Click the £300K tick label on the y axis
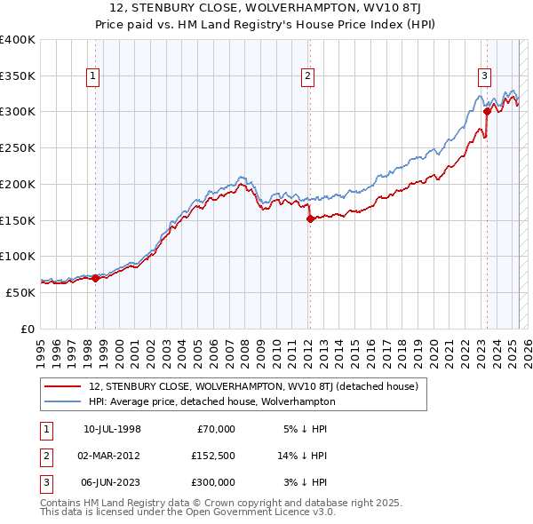[x=17, y=112]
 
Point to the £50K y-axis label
[x=20, y=292]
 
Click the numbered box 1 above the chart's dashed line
[x=93, y=77]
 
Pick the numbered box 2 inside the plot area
[x=307, y=77]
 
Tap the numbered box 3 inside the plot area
[x=485, y=77]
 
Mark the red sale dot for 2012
[x=310, y=218]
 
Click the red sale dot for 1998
[x=96, y=278]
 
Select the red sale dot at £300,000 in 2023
[x=487, y=111]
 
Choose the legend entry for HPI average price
[x=212, y=401]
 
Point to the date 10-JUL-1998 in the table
[x=111, y=430]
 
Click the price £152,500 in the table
[x=213, y=456]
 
